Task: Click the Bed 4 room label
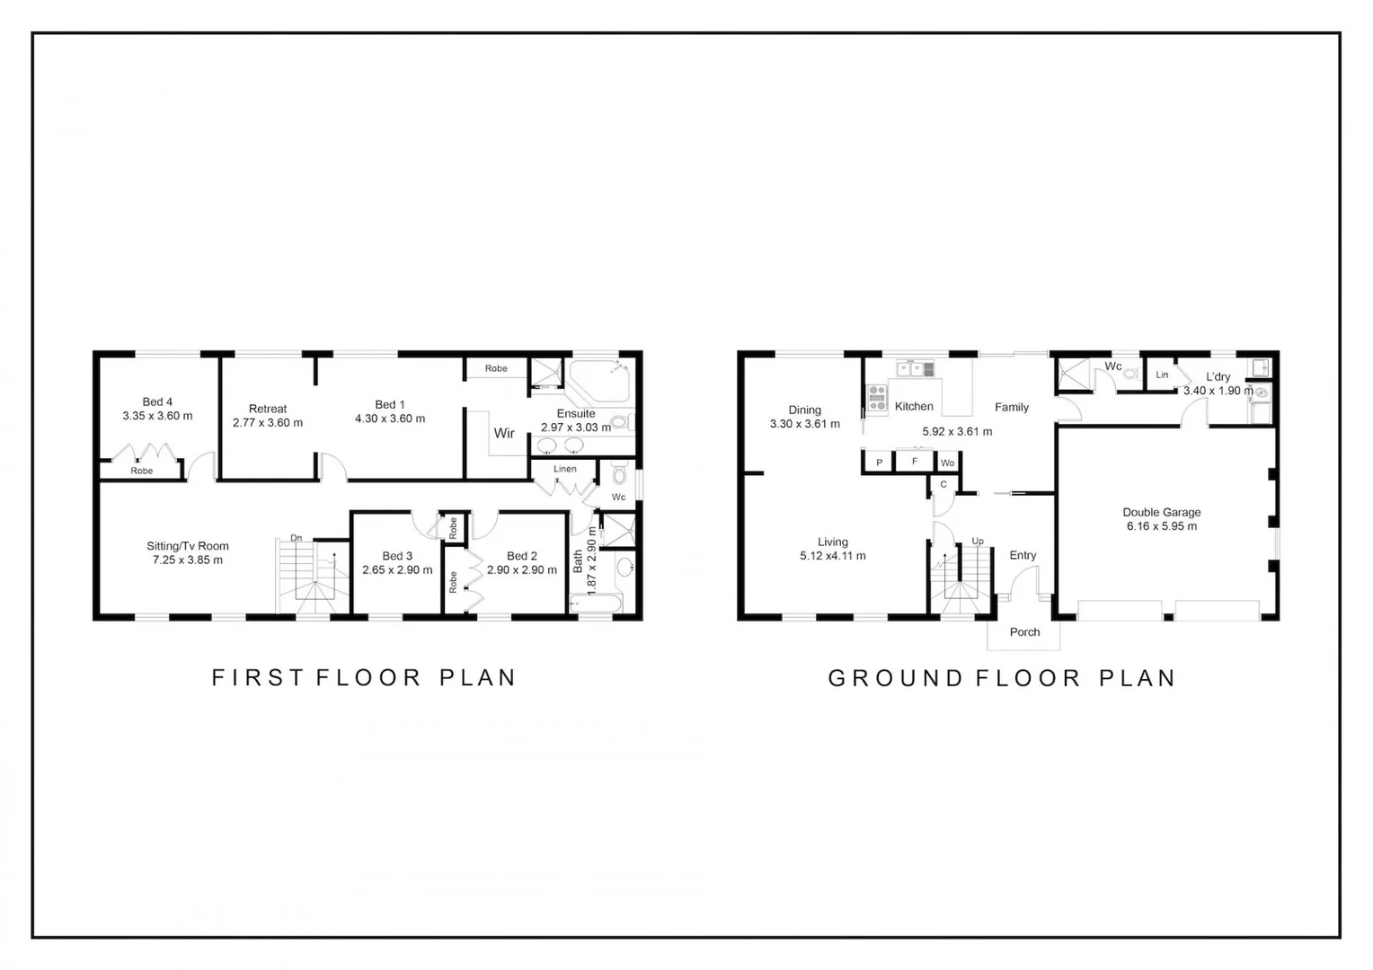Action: tap(157, 401)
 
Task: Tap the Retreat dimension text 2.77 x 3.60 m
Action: tap(268, 423)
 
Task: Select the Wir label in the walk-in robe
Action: tap(504, 433)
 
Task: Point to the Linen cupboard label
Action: tap(565, 469)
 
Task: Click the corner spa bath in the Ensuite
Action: tap(598, 382)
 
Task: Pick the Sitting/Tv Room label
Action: tap(188, 546)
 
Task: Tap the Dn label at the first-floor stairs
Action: tap(296, 538)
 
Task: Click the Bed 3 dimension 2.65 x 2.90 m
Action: tap(397, 570)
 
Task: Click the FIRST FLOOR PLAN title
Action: tap(364, 677)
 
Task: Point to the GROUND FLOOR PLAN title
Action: tap(1002, 678)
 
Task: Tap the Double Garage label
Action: tap(1161, 512)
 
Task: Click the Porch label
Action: tap(1024, 632)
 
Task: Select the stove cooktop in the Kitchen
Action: tap(877, 398)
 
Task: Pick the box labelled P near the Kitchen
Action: tap(879, 463)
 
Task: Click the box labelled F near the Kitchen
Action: tap(915, 462)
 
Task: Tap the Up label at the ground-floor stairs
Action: tap(978, 541)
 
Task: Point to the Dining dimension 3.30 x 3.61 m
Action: tap(805, 424)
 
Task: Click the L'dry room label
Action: tap(1218, 376)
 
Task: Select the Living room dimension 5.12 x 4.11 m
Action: tap(833, 556)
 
